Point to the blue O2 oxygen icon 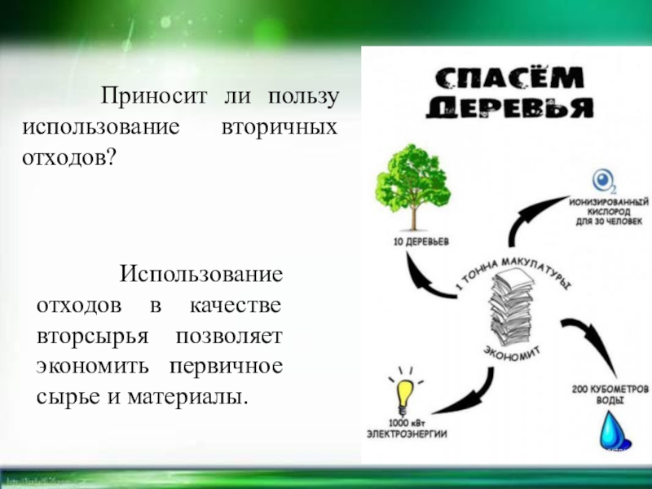[604, 179]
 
